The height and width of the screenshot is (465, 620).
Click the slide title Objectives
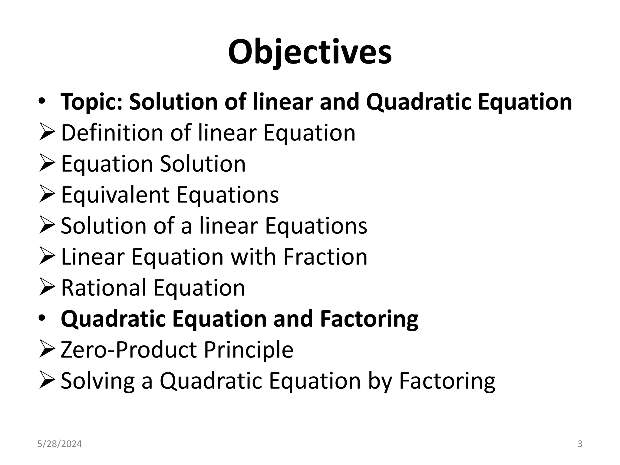tap(310, 52)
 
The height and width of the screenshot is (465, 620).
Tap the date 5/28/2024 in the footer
tap(60, 444)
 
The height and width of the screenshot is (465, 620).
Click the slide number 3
tap(580, 444)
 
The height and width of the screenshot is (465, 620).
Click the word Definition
tap(112, 133)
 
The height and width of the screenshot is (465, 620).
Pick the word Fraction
tap(325, 257)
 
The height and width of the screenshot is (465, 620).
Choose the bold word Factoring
tap(369, 319)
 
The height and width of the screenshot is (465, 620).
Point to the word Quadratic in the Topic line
tap(418, 102)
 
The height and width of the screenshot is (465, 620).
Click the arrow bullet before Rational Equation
tap(47, 288)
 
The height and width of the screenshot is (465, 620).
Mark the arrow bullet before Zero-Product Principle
tap(47, 350)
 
